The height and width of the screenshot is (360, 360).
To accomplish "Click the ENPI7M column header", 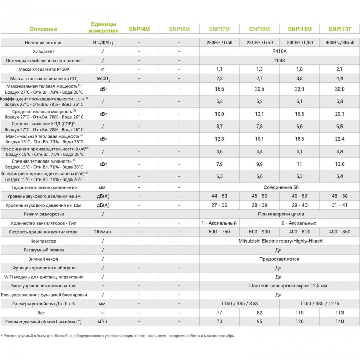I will (220, 29).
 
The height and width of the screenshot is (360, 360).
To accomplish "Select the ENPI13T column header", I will (339, 29).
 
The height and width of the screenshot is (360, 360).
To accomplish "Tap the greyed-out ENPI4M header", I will (139, 29).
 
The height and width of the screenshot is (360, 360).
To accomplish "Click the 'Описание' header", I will (43, 29).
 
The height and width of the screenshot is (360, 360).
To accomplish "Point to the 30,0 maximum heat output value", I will (339, 88).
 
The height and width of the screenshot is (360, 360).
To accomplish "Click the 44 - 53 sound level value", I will (220, 196).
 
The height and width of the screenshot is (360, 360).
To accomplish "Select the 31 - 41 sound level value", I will (339, 205).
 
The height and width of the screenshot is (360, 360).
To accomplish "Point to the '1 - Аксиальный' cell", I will (220, 223).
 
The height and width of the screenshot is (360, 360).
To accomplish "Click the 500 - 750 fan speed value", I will (220, 232).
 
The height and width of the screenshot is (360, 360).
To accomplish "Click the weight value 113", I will (339, 312).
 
